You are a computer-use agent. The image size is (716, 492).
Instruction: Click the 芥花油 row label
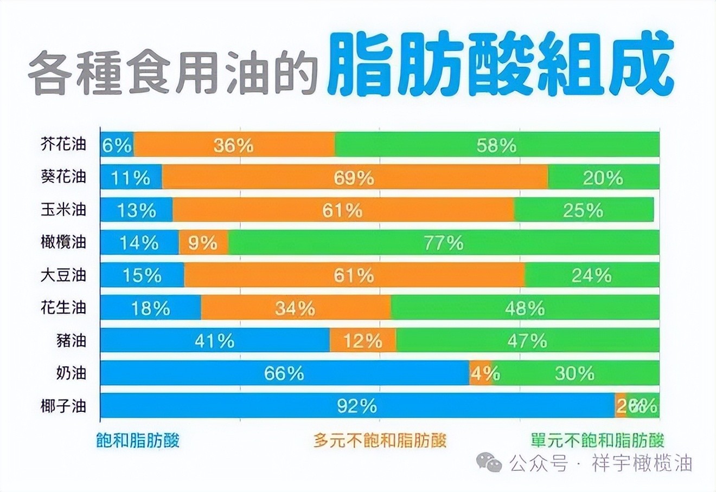point(63,144)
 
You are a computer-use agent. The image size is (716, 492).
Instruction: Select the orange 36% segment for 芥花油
point(234,145)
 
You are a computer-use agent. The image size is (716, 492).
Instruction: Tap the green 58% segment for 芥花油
point(497,145)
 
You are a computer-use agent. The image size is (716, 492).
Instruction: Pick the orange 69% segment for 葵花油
point(355,177)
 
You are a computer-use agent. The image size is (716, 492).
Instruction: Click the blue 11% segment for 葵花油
point(131,177)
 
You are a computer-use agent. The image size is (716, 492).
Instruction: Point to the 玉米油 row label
point(63,209)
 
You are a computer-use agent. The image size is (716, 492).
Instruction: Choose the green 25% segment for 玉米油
point(584,210)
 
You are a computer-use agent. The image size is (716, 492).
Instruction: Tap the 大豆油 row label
point(63,275)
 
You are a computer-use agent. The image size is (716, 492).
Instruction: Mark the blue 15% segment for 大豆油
point(142,275)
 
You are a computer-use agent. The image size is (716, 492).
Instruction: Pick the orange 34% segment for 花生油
point(296,308)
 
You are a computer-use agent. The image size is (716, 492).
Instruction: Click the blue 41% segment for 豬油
point(215,340)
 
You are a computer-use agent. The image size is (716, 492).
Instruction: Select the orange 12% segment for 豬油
point(362,340)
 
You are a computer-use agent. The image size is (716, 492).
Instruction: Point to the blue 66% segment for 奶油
point(284,373)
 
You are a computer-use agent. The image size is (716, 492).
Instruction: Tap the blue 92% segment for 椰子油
point(357,405)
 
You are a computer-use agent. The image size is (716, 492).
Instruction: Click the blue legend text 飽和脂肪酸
point(138,440)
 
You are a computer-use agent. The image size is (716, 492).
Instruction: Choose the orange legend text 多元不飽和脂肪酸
point(380,440)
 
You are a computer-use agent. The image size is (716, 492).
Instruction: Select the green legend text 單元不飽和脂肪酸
point(597,440)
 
